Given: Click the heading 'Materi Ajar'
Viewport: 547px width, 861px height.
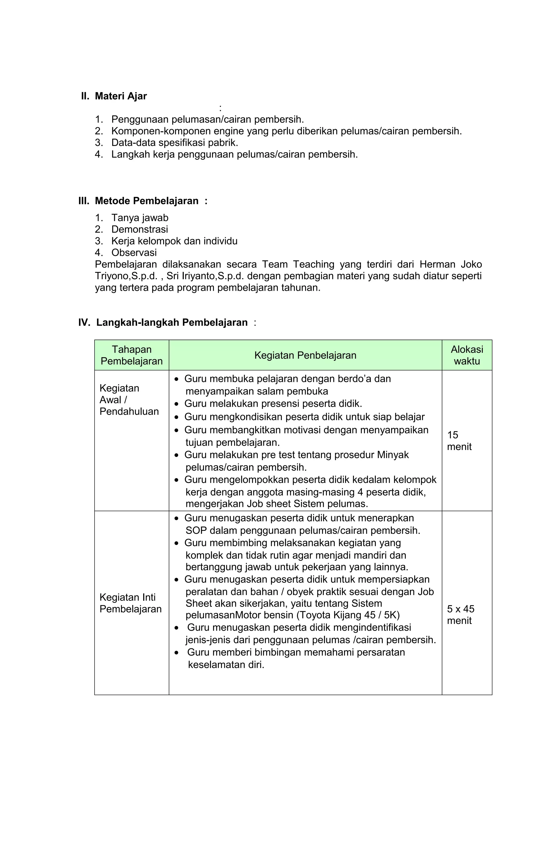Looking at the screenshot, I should (x=120, y=96).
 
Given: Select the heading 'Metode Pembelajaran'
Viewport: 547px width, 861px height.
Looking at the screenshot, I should (x=146, y=201).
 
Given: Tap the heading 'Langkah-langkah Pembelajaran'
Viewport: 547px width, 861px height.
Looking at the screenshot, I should (x=172, y=323).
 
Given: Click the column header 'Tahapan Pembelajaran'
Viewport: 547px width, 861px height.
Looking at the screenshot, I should (x=131, y=355).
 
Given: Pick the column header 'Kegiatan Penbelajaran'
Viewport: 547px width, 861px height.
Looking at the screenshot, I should (x=305, y=355).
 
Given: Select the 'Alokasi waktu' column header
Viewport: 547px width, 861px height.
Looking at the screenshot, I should (x=467, y=355).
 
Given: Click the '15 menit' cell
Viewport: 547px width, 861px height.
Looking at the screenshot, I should (x=459, y=441).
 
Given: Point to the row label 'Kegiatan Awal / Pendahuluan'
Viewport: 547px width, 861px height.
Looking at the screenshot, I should (x=129, y=400).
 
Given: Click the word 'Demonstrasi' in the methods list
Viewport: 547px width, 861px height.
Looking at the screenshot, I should (x=139, y=229).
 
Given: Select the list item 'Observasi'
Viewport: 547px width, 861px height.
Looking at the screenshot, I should (x=134, y=253).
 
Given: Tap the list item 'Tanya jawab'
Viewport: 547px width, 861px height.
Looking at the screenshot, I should (x=140, y=218).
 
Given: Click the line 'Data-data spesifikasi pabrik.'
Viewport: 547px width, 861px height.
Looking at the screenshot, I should (x=174, y=143).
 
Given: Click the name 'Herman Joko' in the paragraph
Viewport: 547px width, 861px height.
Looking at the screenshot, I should (x=450, y=264).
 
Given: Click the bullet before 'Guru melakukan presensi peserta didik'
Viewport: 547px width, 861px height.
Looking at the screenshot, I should (x=177, y=404).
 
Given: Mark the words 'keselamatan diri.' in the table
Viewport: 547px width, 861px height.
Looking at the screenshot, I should (x=226, y=665).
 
